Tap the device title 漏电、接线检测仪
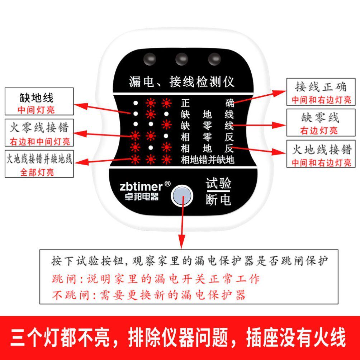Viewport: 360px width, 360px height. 181,82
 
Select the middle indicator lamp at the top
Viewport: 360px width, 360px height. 182,59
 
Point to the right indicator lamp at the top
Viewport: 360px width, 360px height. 214,59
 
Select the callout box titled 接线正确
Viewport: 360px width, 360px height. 321,92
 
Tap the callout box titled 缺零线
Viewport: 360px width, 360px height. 321,123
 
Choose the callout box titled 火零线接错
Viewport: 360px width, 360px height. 39,133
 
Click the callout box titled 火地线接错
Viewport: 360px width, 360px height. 321,154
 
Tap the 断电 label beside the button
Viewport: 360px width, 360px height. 218,200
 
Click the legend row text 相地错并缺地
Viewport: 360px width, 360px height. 207,160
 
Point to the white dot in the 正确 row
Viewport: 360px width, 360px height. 136,103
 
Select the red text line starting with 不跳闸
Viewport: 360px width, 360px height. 149,295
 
